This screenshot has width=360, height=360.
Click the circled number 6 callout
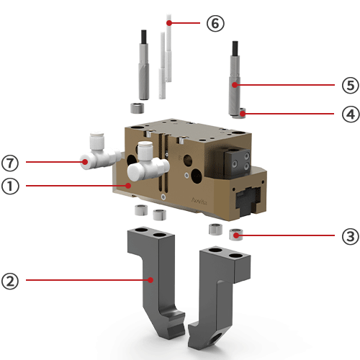coord(215,23)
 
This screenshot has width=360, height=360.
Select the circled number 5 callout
coord(350,85)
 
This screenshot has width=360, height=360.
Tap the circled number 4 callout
coord(351,114)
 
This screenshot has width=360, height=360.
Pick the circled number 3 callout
coord(350,236)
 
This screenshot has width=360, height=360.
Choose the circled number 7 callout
coord(10,163)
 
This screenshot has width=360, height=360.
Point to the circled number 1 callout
coord(10,186)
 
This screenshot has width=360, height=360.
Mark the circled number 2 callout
coord(10,281)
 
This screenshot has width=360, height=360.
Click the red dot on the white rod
coord(169,23)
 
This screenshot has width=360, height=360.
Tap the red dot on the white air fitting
coord(85,162)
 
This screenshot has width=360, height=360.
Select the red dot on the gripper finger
coord(150,280)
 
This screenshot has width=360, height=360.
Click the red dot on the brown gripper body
coord(129,186)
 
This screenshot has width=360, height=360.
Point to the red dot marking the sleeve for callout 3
coord(236,235)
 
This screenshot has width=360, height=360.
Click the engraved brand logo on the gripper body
coord(199,201)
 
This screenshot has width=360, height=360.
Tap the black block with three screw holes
coord(238,163)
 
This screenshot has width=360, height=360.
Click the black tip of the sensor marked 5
coord(235,48)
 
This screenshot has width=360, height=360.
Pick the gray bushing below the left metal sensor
coord(138,108)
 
